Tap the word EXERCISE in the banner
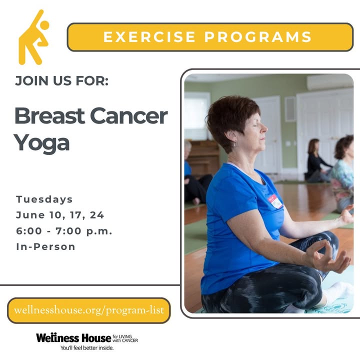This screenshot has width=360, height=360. [x=149, y=36]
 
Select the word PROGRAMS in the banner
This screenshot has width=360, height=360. [x=258, y=36]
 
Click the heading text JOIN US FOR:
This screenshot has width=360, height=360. [x=62, y=81]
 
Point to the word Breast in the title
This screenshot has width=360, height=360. [x=49, y=116]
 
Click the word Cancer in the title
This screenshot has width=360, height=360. [x=129, y=116]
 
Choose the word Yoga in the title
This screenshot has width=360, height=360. [x=42, y=143]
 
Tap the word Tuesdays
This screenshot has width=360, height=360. [x=44, y=199]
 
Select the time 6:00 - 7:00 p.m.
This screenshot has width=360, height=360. [x=64, y=231]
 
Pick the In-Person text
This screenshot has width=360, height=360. [x=45, y=247]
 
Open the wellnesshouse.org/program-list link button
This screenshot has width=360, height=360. [x=89, y=310]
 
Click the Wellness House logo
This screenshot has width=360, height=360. [x=87, y=338]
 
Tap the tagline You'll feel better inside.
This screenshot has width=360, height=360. [x=87, y=348]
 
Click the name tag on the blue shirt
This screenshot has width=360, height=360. [x=275, y=201]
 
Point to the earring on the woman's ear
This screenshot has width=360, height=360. [x=234, y=143]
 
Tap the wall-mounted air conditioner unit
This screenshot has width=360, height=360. [x=329, y=82]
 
